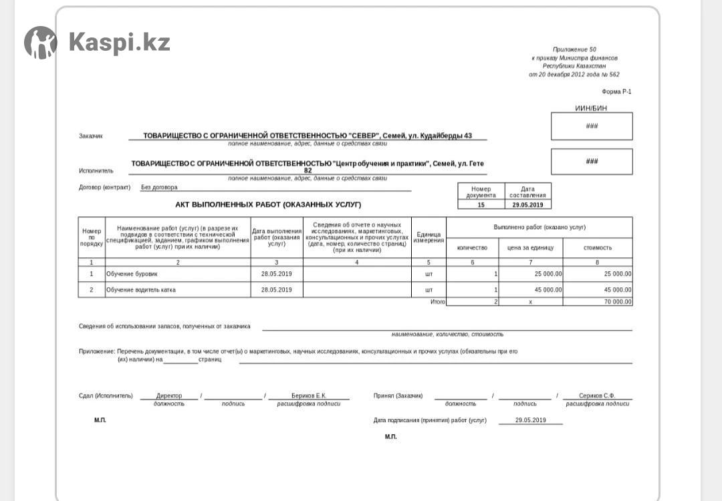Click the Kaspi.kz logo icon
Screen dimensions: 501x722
[40, 43]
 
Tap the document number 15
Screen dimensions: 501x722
[481, 204]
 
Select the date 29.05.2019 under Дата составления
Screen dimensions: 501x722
[527, 204]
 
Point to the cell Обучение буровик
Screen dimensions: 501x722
[132, 274]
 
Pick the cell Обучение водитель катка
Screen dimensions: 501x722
[141, 290]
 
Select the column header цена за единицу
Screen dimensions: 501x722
[530, 248]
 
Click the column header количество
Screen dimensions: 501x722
[472, 248]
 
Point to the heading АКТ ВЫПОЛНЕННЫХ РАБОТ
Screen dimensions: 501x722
[268, 204]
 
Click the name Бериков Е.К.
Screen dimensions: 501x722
[309, 395]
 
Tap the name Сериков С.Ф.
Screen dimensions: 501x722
[597, 395]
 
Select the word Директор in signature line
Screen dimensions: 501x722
[169, 395]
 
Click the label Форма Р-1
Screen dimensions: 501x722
[616, 92]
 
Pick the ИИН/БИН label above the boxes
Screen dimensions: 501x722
[591, 108]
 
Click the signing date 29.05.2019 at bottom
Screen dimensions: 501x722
[531, 420]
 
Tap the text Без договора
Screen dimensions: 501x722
[159, 188]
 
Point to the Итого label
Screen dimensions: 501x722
[437, 302]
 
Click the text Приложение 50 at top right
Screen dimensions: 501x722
[574, 49]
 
